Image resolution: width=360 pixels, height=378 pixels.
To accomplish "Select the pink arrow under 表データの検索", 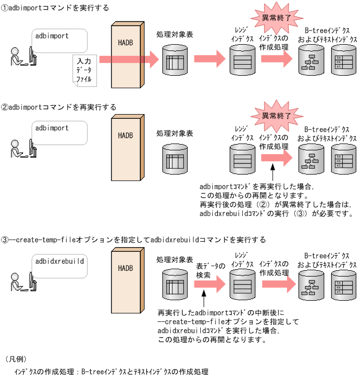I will click(209, 284).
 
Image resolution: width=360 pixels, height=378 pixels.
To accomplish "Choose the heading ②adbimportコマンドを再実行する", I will click(59, 107).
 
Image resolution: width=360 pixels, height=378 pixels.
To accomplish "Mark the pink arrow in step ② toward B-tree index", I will click(276, 156).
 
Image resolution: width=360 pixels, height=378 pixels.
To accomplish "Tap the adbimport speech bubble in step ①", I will click(58, 42).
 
